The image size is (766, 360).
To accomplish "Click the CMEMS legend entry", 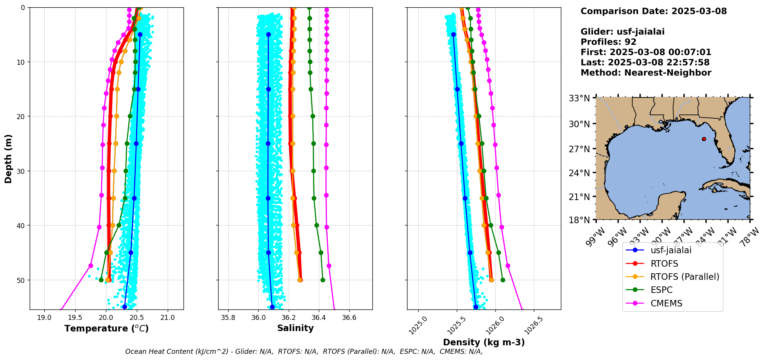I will pyautogui.click(x=666, y=303).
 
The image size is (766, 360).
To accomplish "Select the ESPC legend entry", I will pyautogui.click(x=662, y=290).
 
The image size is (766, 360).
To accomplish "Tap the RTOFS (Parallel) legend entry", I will pyautogui.click(x=685, y=277).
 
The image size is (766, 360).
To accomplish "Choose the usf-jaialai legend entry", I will pyautogui.click(x=671, y=250).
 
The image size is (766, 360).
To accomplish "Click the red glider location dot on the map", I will pyautogui.click(x=704, y=139).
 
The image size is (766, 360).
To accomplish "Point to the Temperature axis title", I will pyautogui.click(x=106, y=328).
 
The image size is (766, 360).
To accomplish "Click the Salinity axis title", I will pyautogui.click(x=295, y=328).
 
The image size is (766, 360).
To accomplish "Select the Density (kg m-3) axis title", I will pyautogui.click(x=484, y=342).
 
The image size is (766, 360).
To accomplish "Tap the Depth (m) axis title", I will pyautogui.click(x=8, y=158).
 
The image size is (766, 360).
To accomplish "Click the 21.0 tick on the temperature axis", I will pyautogui.click(x=167, y=318).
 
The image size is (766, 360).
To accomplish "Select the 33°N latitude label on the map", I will pyautogui.click(x=579, y=98).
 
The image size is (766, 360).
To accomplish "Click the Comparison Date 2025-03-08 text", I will pyautogui.click(x=653, y=11).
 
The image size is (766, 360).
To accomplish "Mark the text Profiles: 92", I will pyautogui.click(x=608, y=42).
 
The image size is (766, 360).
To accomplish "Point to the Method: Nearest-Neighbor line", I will pyautogui.click(x=646, y=73).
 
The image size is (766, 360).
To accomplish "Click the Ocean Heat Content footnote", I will pyautogui.click(x=304, y=352).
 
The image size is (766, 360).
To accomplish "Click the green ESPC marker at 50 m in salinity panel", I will pyautogui.click(x=323, y=280).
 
